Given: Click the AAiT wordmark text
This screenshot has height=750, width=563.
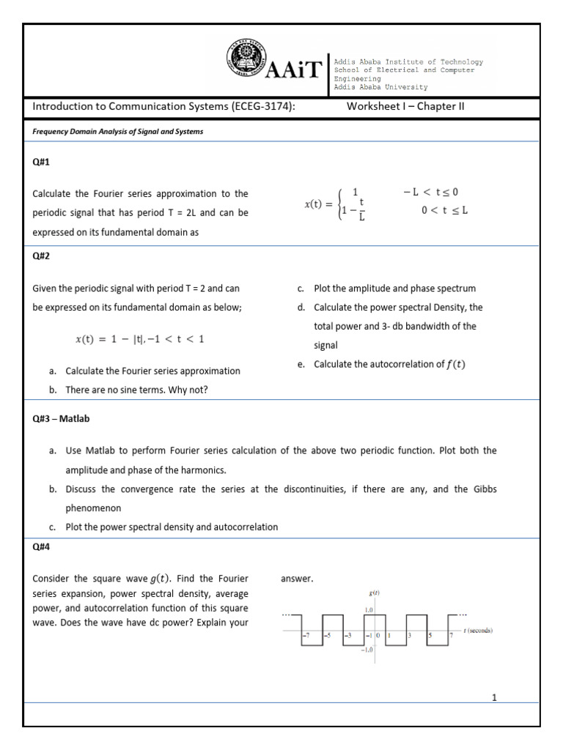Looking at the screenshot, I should click(298, 70).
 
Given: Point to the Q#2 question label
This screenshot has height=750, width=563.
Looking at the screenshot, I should click(42, 257).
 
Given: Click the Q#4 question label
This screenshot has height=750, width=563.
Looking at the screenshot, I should click(42, 546).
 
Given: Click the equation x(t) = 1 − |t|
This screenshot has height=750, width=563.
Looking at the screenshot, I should click(139, 339).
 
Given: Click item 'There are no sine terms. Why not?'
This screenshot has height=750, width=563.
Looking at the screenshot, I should click(136, 390).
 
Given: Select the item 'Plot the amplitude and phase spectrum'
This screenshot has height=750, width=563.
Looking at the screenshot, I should click(394, 289).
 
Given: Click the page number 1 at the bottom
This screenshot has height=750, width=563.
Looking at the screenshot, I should click(494, 697).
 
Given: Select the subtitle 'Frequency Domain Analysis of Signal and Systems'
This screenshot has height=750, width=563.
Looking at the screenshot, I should click(117, 132).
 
